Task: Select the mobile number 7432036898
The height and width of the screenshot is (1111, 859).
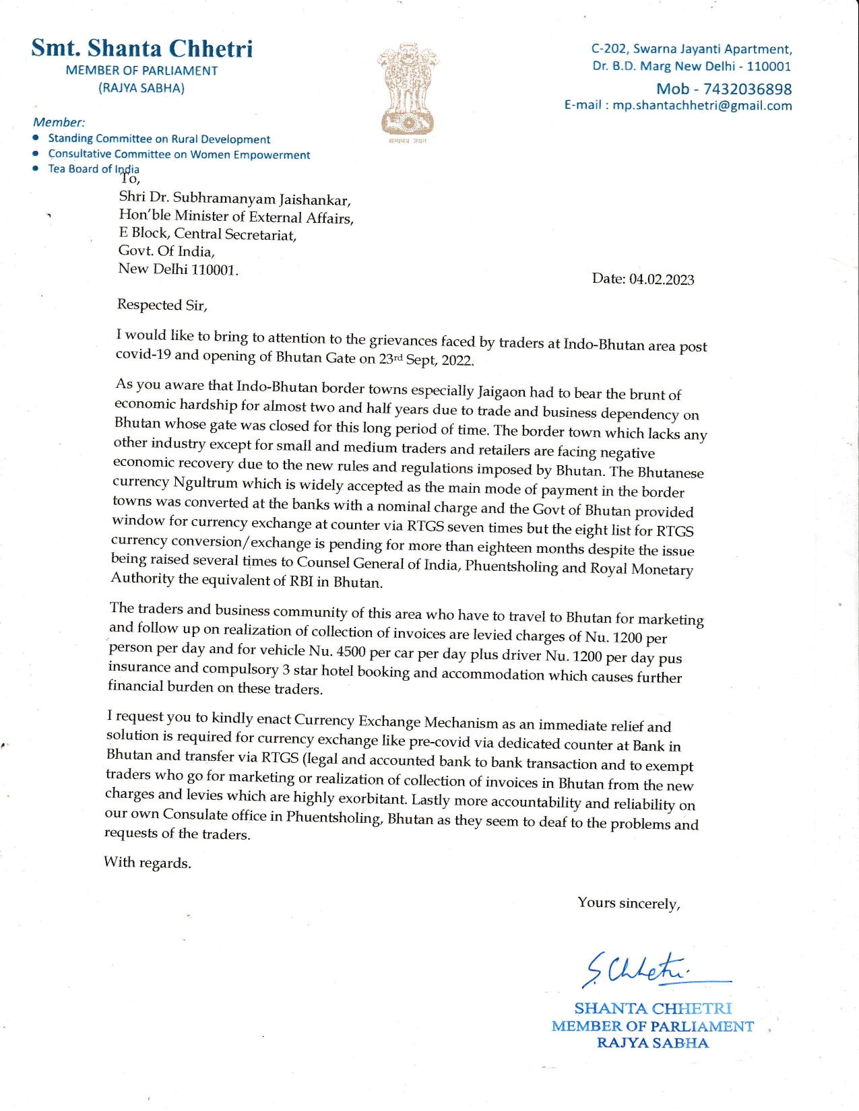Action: [x=747, y=89]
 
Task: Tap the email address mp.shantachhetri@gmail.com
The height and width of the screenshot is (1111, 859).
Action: [x=702, y=106]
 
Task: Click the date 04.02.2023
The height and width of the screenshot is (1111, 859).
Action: [x=662, y=279]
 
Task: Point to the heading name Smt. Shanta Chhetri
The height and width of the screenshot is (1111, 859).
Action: [x=142, y=48]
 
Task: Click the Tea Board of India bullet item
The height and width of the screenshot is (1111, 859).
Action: [x=93, y=168]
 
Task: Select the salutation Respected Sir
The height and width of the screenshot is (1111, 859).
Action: [x=162, y=305]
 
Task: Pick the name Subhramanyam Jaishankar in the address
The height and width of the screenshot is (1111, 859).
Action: [x=261, y=199]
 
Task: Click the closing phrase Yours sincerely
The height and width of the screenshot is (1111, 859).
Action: [x=629, y=903]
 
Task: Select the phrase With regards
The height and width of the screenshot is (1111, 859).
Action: [x=148, y=863]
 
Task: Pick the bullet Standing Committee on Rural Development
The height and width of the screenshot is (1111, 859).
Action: [x=159, y=139]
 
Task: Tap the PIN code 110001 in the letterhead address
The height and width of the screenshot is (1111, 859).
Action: [x=769, y=66]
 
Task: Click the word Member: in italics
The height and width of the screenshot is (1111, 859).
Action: [x=59, y=122]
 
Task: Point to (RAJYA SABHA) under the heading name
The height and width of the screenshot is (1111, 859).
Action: [x=141, y=88]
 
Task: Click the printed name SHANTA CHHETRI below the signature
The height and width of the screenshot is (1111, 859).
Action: [x=652, y=1008]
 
